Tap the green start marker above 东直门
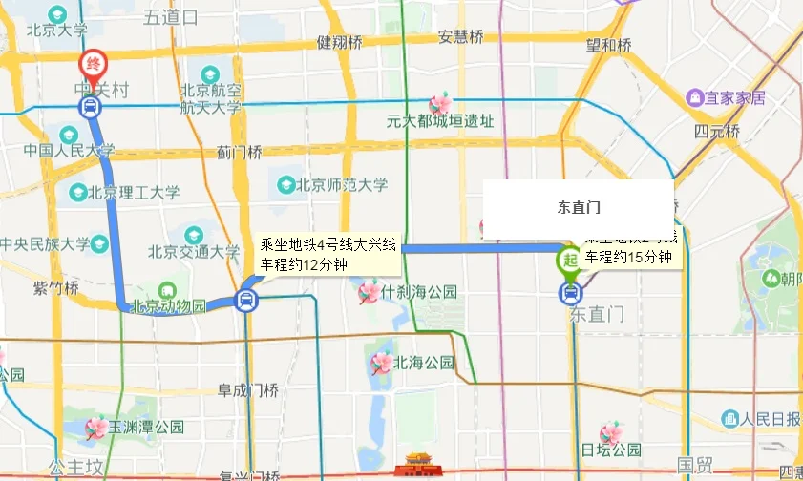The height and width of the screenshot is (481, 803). (570, 259)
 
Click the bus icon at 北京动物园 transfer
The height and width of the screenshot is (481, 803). (246, 301)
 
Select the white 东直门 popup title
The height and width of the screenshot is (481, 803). (579, 206)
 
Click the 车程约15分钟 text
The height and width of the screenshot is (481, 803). (629, 258)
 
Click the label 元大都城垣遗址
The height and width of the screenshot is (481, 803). (440, 121)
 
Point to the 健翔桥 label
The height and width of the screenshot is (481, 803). (340, 42)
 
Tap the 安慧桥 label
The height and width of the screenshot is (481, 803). (461, 37)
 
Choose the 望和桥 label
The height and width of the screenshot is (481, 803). (609, 45)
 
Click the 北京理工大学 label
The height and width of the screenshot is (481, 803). (134, 192)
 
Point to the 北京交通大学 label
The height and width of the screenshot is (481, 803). (194, 253)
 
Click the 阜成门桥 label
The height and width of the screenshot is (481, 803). (247, 389)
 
